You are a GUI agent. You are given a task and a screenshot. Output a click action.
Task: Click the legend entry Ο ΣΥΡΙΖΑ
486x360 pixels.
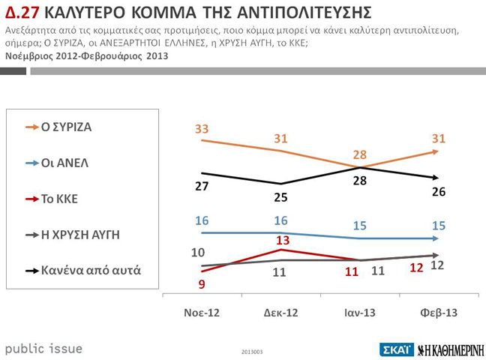click(x=66, y=127)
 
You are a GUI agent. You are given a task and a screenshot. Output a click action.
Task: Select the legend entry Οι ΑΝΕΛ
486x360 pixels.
click(x=63, y=163)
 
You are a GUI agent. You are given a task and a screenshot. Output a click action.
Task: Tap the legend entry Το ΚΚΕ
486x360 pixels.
click(x=59, y=199)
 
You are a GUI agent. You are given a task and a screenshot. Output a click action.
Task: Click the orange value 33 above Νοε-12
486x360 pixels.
click(x=202, y=129)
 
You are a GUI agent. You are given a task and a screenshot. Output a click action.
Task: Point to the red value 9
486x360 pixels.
click(x=201, y=283)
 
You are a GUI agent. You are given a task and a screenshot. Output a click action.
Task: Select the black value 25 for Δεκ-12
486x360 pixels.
click(x=280, y=197)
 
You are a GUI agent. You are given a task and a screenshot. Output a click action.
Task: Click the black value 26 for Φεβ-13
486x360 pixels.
click(x=439, y=192)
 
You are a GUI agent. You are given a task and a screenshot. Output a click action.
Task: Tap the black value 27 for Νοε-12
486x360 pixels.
click(x=202, y=186)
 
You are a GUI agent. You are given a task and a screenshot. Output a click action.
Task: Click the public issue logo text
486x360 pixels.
click(x=43, y=349)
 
